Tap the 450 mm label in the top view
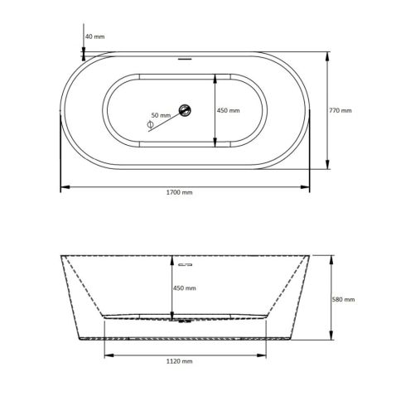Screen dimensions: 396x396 point(228,110)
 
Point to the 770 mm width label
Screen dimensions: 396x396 point(340,110)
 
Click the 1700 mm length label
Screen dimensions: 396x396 point(179,192)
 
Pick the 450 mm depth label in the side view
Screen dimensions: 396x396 point(184,287)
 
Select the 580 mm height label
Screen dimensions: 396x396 point(343,299)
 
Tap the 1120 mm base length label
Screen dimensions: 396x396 point(180,361)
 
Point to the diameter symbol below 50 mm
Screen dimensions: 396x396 point(150,124)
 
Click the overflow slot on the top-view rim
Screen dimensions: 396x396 point(186,59)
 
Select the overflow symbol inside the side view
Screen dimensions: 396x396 point(185,264)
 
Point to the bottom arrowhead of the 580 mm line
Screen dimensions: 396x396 point(331,337)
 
